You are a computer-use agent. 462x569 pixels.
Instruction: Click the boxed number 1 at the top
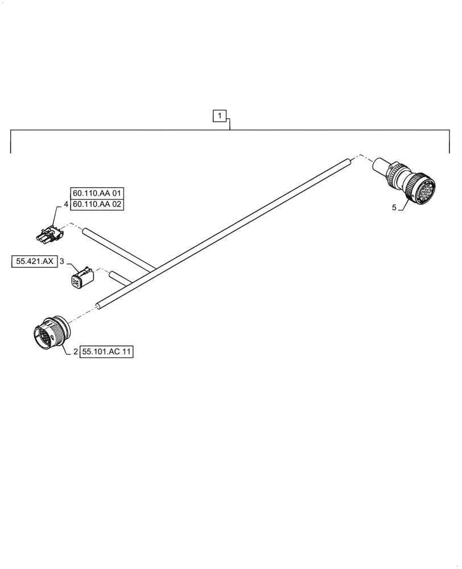tap(220, 117)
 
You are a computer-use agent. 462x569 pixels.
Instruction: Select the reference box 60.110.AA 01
tap(97, 193)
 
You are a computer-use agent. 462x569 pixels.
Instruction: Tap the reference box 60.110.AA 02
tap(97, 204)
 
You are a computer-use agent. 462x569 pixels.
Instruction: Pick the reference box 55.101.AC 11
tap(107, 352)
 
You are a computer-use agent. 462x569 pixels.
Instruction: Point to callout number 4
tap(66, 204)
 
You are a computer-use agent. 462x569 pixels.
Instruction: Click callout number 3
tap(62, 262)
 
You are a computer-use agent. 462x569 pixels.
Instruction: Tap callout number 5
tap(394, 208)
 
